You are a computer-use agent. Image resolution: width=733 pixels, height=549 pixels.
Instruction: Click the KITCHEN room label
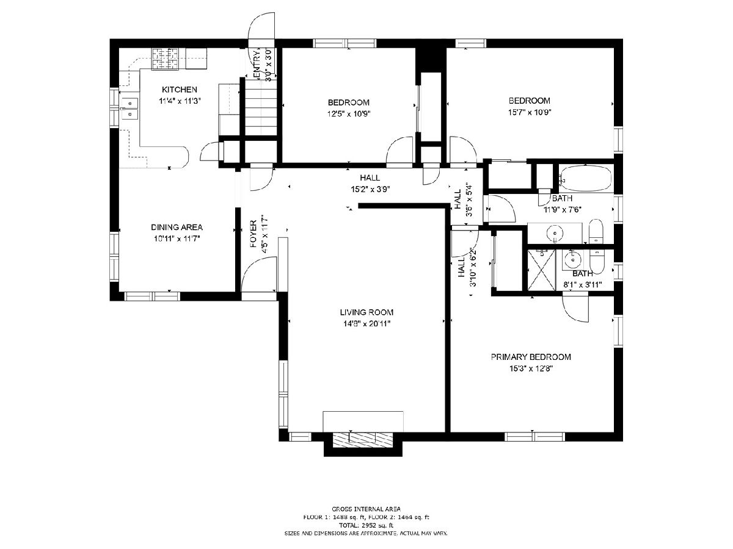(180, 89)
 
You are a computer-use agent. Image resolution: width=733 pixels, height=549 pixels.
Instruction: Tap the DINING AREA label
(177, 228)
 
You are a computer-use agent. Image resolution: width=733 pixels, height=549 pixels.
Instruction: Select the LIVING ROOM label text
(366, 312)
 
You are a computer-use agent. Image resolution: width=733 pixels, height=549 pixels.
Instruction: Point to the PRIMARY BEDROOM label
(531, 357)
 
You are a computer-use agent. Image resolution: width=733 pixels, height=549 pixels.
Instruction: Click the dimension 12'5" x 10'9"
(349, 114)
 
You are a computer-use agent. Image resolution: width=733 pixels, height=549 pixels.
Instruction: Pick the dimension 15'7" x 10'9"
(530, 112)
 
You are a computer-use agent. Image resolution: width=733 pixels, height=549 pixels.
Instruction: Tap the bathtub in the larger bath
(586, 179)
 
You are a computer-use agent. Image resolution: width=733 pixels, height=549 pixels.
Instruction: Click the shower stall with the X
(541, 270)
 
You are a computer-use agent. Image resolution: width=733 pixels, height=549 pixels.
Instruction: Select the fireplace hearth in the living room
(362, 439)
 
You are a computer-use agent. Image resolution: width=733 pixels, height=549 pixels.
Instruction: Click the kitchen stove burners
(166, 59)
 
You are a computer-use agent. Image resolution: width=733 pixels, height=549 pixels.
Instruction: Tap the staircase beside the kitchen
(261, 107)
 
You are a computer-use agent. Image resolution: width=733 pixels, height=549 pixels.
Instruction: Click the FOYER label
(253, 234)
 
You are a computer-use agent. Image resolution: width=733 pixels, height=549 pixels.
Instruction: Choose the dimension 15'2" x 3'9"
(370, 189)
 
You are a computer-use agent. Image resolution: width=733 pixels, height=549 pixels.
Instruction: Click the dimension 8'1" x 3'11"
(583, 285)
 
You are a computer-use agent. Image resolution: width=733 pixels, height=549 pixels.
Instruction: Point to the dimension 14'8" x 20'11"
(366, 324)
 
